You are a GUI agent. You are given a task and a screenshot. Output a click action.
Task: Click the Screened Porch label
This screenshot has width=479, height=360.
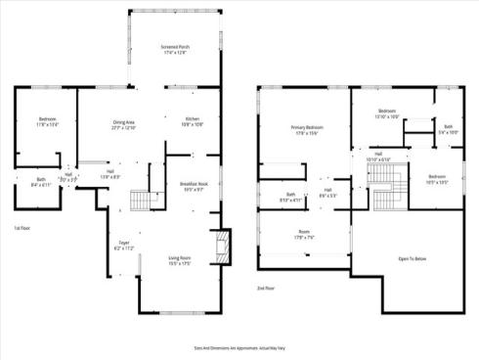tap(175, 49)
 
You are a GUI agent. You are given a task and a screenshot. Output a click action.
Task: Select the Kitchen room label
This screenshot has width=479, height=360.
tap(192, 121)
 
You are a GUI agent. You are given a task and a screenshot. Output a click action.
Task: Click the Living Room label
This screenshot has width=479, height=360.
tap(178, 259)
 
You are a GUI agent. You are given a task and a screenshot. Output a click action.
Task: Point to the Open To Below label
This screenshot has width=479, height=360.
tap(411, 259)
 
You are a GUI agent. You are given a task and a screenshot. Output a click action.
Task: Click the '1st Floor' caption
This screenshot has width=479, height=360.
tap(22, 228)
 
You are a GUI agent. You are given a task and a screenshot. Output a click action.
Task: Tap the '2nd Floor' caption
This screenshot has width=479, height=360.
tap(265, 289)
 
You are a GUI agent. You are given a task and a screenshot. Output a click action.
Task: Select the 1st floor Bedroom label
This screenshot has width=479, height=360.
tap(48, 122)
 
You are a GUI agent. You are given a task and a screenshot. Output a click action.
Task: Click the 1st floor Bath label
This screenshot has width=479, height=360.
tap(41, 182)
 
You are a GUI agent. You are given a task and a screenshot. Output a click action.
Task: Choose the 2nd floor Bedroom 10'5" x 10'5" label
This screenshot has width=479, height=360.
tap(436, 178)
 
